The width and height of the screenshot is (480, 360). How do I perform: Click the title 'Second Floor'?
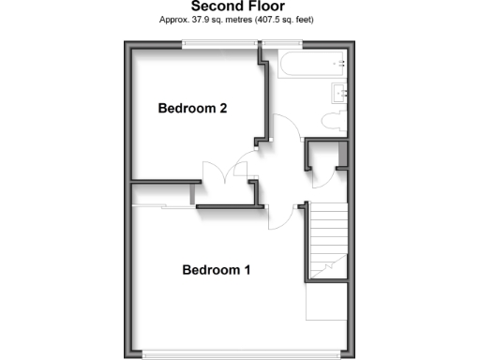(239, 7)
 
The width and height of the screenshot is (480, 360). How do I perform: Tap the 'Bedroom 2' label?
(192, 109)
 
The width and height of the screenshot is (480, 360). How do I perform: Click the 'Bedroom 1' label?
(216, 271)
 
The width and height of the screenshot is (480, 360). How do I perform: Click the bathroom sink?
(339, 92)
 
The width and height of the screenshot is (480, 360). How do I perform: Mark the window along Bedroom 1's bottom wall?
(242, 353)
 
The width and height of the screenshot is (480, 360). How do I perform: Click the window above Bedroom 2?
(221, 41)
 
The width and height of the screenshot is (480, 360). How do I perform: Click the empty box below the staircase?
(326, 301)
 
